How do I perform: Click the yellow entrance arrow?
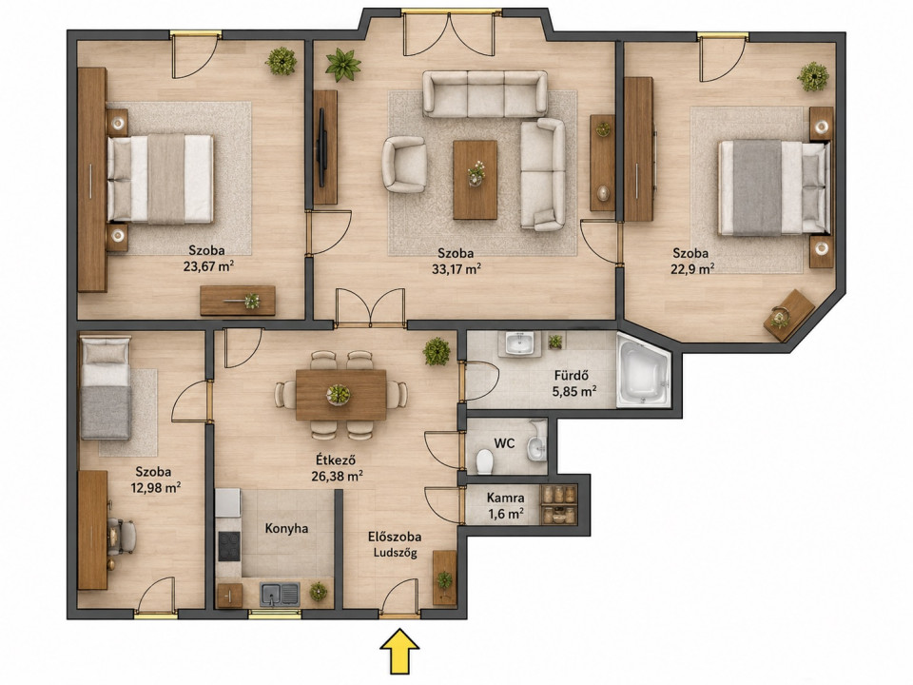(x=399, y=651)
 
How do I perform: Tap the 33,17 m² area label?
(x=456, y=269)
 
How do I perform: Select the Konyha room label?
(x=286, y=529)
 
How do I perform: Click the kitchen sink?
(x=280, y=594)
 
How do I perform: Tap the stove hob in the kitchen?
(x=229, y=546)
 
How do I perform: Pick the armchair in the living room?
(x=403, y=165)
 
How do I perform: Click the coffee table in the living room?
(x=476, y=180)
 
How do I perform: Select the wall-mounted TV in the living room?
(x=321, y=147)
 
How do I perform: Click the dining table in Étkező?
(x=340, y=395)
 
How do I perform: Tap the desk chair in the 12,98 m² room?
(x=122, y=536)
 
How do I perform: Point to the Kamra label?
(x=505, y=499)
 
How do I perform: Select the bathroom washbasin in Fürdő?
(x=519, y=343)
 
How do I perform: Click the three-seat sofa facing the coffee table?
(x=484, y=93)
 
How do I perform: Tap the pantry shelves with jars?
(x=558, y=504)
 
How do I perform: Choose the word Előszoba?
(x=395, y=538)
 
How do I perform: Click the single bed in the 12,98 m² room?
(x=105, y=388)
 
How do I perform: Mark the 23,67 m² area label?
(x=208, y=266)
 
